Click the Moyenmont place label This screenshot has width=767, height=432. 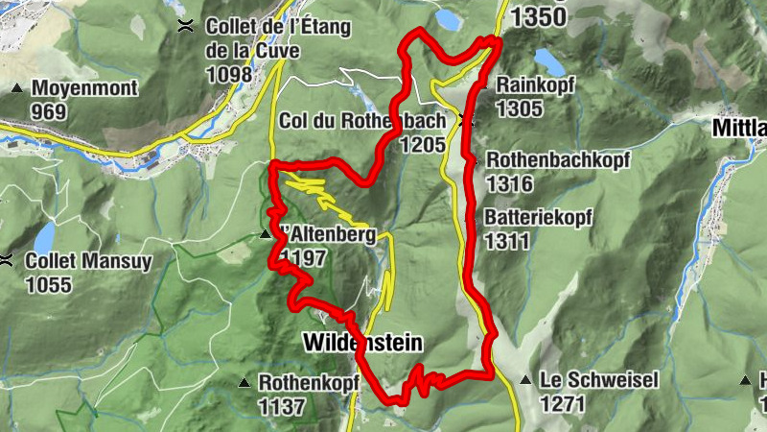click(x=85, y=88)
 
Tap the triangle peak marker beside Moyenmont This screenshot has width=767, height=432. click(x=17, y=89)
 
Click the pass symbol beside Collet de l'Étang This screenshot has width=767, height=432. click(x=184, y=26)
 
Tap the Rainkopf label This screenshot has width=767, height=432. click(x=535, y=85)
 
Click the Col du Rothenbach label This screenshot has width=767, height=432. click(x=363, y=121)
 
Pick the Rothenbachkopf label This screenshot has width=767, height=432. click(x=558, y=159)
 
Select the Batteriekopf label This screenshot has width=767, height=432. click(x=540, y=218)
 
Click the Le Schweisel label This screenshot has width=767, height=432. click(x=598, y=380)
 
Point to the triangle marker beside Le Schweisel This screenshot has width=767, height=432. click(x=525, y=381)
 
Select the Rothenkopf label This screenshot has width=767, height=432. click(x=308, y=382)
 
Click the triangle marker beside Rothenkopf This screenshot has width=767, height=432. click(x=244, y=383)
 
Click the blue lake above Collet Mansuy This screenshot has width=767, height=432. click(x=45, y=236)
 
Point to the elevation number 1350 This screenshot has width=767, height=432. click(x=545, y=17)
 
